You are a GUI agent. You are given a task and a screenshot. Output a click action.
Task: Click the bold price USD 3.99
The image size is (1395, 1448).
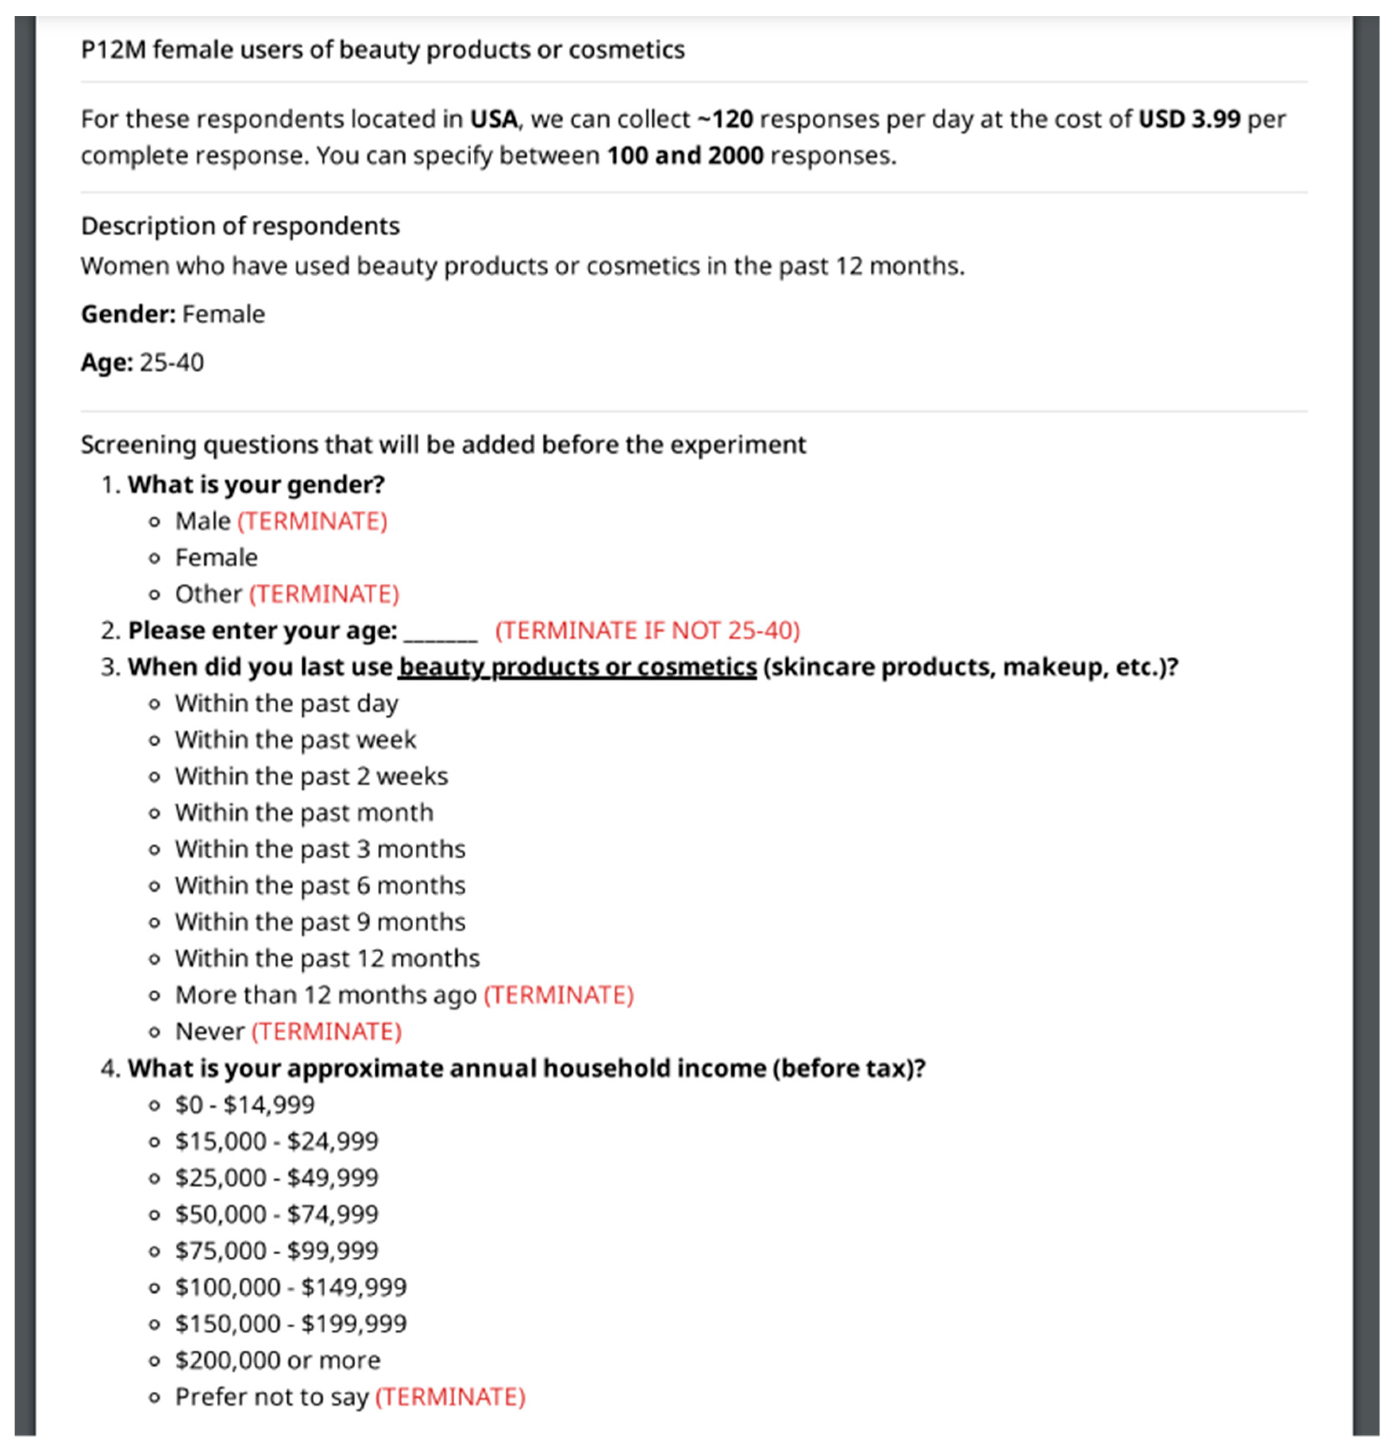[x=1189, y=119]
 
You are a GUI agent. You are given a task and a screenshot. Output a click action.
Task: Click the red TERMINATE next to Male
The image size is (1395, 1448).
[x=312, y=521]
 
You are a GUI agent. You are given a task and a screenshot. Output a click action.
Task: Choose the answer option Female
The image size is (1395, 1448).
[x=216, y=558]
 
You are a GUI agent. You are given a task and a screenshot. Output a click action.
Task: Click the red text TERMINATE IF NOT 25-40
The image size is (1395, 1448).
[x=647, y=631]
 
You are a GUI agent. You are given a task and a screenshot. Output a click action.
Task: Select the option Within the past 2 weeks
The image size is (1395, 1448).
[x=311, y=776]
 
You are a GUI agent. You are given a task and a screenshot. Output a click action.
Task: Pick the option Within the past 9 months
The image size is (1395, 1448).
[x=320, y=922]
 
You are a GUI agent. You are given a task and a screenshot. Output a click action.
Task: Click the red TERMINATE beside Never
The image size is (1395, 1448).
[x=326, y=1031]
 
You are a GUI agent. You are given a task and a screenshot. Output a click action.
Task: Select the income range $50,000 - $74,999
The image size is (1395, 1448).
[x=276, y=1214]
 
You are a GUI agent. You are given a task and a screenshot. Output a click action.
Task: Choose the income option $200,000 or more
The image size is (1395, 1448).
[x=277, y=1360]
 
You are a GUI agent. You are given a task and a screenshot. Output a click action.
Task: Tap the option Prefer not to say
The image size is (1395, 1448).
[x=271, y=1397]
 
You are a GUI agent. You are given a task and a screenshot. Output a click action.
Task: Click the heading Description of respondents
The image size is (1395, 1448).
[x=240, y=226]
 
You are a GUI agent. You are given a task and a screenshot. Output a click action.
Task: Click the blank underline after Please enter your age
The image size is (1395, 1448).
[x=441, y=633]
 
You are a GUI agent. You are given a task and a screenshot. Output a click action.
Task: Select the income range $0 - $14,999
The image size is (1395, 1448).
[x=245, y=1104]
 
